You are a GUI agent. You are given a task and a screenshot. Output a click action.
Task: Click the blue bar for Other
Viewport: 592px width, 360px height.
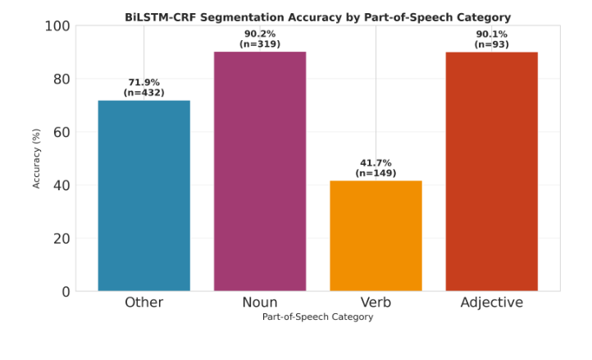pos(143,195)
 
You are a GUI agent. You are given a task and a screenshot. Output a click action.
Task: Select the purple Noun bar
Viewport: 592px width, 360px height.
pos(260,171)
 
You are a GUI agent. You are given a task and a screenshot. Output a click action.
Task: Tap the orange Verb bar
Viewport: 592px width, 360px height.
pos(376,235)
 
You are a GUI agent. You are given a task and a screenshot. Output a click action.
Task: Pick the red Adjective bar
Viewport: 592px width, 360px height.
pos(492,171)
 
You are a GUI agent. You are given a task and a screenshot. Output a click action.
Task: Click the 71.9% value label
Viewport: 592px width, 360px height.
pos(144,83)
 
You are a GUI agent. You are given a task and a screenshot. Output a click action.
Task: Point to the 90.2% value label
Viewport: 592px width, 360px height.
pos(260,34)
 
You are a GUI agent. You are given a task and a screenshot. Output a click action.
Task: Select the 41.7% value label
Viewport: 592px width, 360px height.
pos(376,163)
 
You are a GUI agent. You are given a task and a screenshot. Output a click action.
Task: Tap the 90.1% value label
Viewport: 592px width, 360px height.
pos(492,34)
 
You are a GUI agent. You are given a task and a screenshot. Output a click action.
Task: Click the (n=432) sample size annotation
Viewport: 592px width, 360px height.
pos(144,93)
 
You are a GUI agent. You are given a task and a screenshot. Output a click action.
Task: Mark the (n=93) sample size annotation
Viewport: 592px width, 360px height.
pos(492,44)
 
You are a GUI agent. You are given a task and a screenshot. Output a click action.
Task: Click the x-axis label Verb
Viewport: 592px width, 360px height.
pos(376,303)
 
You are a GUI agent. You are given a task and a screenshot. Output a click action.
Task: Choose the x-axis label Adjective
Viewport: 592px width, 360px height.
pos(492,303)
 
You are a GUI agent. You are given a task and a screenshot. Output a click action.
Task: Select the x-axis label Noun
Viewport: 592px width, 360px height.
pos(260,303)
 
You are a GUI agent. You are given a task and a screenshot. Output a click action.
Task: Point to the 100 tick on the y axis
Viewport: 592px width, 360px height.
pos(57,26)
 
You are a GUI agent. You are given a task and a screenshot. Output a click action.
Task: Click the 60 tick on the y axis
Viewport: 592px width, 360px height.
pos(61,132)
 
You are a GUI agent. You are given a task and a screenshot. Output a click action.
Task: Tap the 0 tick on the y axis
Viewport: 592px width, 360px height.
pos(66,291)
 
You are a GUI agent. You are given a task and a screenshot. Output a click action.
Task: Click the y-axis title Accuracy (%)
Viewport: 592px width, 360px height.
pos(37,158)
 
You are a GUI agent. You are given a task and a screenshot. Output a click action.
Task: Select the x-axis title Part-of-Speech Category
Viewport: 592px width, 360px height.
pos(317,317)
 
